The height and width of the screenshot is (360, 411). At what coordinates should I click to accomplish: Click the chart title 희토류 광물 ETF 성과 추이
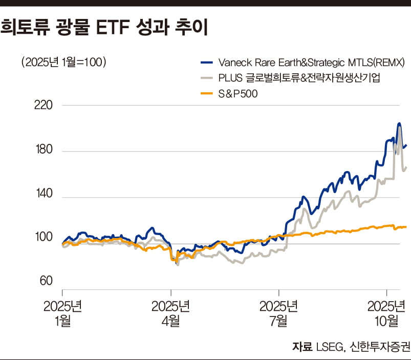point(104,28)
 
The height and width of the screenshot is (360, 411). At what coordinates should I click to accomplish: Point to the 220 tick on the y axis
point(42,105)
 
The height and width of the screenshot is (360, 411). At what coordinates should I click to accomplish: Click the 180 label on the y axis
point(42,151)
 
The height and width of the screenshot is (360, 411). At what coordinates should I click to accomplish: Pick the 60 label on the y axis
point(45,281)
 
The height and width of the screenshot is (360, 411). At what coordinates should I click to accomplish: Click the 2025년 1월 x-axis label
point(62,313)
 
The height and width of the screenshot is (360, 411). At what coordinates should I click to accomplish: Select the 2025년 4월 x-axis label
point(170,313)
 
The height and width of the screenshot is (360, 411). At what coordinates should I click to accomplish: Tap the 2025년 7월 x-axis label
point(278,313)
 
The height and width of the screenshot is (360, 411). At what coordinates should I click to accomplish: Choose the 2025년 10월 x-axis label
point(386,313)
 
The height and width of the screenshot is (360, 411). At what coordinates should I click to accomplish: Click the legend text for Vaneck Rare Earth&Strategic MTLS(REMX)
point(312,62)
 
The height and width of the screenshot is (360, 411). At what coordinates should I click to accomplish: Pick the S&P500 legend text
point(238,93)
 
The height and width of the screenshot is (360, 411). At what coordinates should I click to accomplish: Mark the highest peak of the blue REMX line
point(399,123)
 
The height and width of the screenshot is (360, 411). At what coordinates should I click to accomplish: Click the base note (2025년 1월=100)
point(63,62)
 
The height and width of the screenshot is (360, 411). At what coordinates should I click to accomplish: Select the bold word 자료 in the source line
point(302,347)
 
